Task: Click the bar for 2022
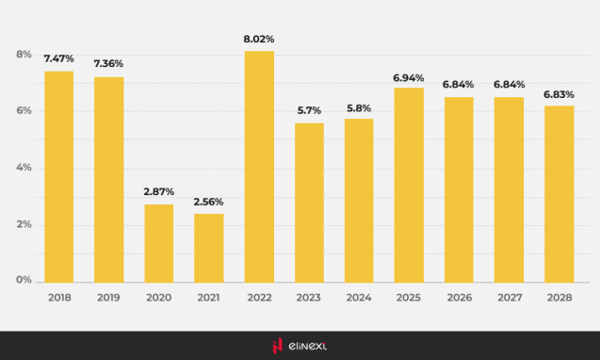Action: (x=259, y=166)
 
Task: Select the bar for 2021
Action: (x=209, y=247)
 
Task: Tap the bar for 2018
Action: (x=58, y=176)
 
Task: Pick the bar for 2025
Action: (x=409, y=184)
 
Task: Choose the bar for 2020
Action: (x=158, y=242)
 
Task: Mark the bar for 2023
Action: (x=309, y=202)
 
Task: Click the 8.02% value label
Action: (x=259, y=40)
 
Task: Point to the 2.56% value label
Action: (x=209, y=202)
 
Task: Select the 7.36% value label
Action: (x=108, y=63)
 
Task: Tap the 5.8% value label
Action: (x=359, y=107)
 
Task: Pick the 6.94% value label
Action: (x=409, y=77)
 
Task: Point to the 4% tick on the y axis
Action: (x=24, y=168)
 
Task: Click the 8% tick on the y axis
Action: (x=24, y=55)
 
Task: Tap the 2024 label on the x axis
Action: (x=359, y=297)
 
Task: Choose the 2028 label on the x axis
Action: (x=559, y=297)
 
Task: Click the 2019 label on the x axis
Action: (x=108, y=297)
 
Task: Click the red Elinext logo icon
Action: (x=278, y=346)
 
